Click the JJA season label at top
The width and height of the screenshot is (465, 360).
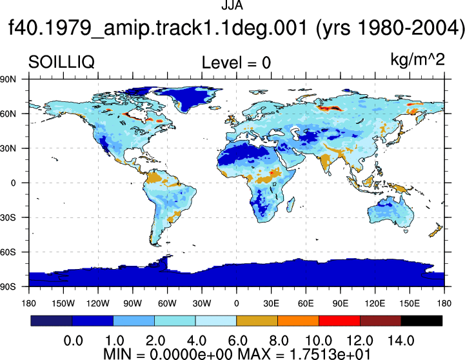click(232, 5)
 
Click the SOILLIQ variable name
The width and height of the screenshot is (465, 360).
click(61, 63)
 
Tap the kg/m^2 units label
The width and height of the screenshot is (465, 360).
click(417, 60)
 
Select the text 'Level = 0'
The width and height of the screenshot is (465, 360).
click(236, 63)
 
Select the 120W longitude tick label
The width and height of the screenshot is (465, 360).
click(98, 303)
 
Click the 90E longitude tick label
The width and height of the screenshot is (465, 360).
click(340, 303)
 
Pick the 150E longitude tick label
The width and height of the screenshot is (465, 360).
click(410, 303)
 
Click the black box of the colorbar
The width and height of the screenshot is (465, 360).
click(421, 321)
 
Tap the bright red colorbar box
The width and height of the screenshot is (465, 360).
click(339, 321)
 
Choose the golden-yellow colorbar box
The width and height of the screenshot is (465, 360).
click(257, 321)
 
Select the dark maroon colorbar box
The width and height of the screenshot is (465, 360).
click(381, 321)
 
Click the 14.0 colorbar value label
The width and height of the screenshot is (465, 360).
click(401, 341)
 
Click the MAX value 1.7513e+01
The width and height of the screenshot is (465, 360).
click(330, 354)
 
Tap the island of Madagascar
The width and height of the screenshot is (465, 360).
click(291, 205)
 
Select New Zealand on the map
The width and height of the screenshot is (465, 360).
click(435, 230)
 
